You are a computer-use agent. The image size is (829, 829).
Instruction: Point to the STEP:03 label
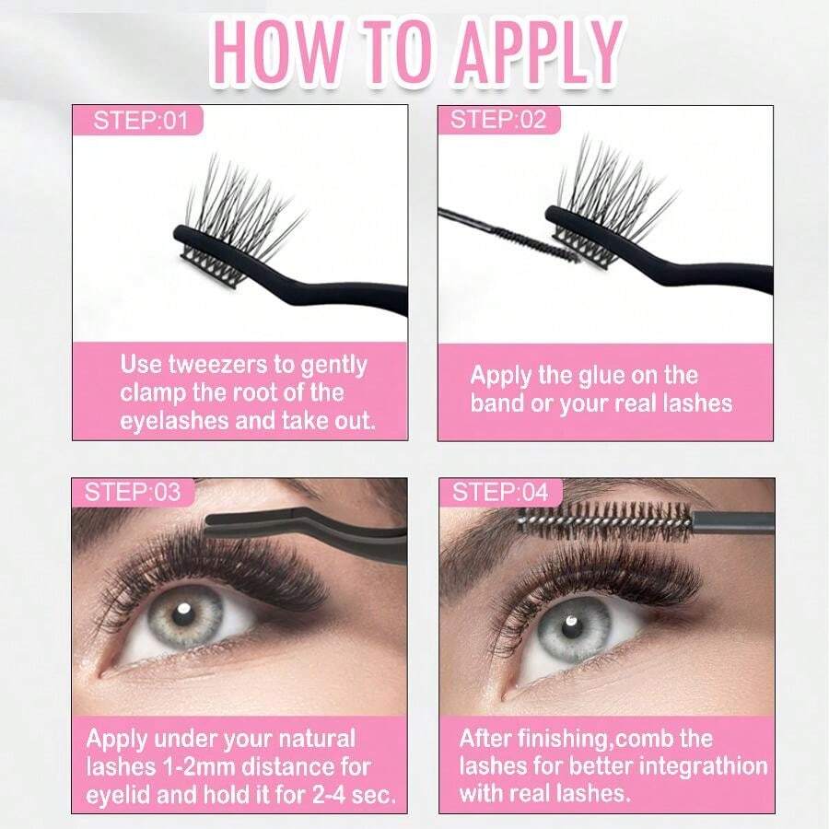(133, 492)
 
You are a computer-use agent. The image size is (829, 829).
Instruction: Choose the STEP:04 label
(500, 492)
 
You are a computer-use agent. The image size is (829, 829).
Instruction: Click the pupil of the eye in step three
(184, 614)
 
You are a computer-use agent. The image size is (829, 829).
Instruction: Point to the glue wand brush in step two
(539, 240)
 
